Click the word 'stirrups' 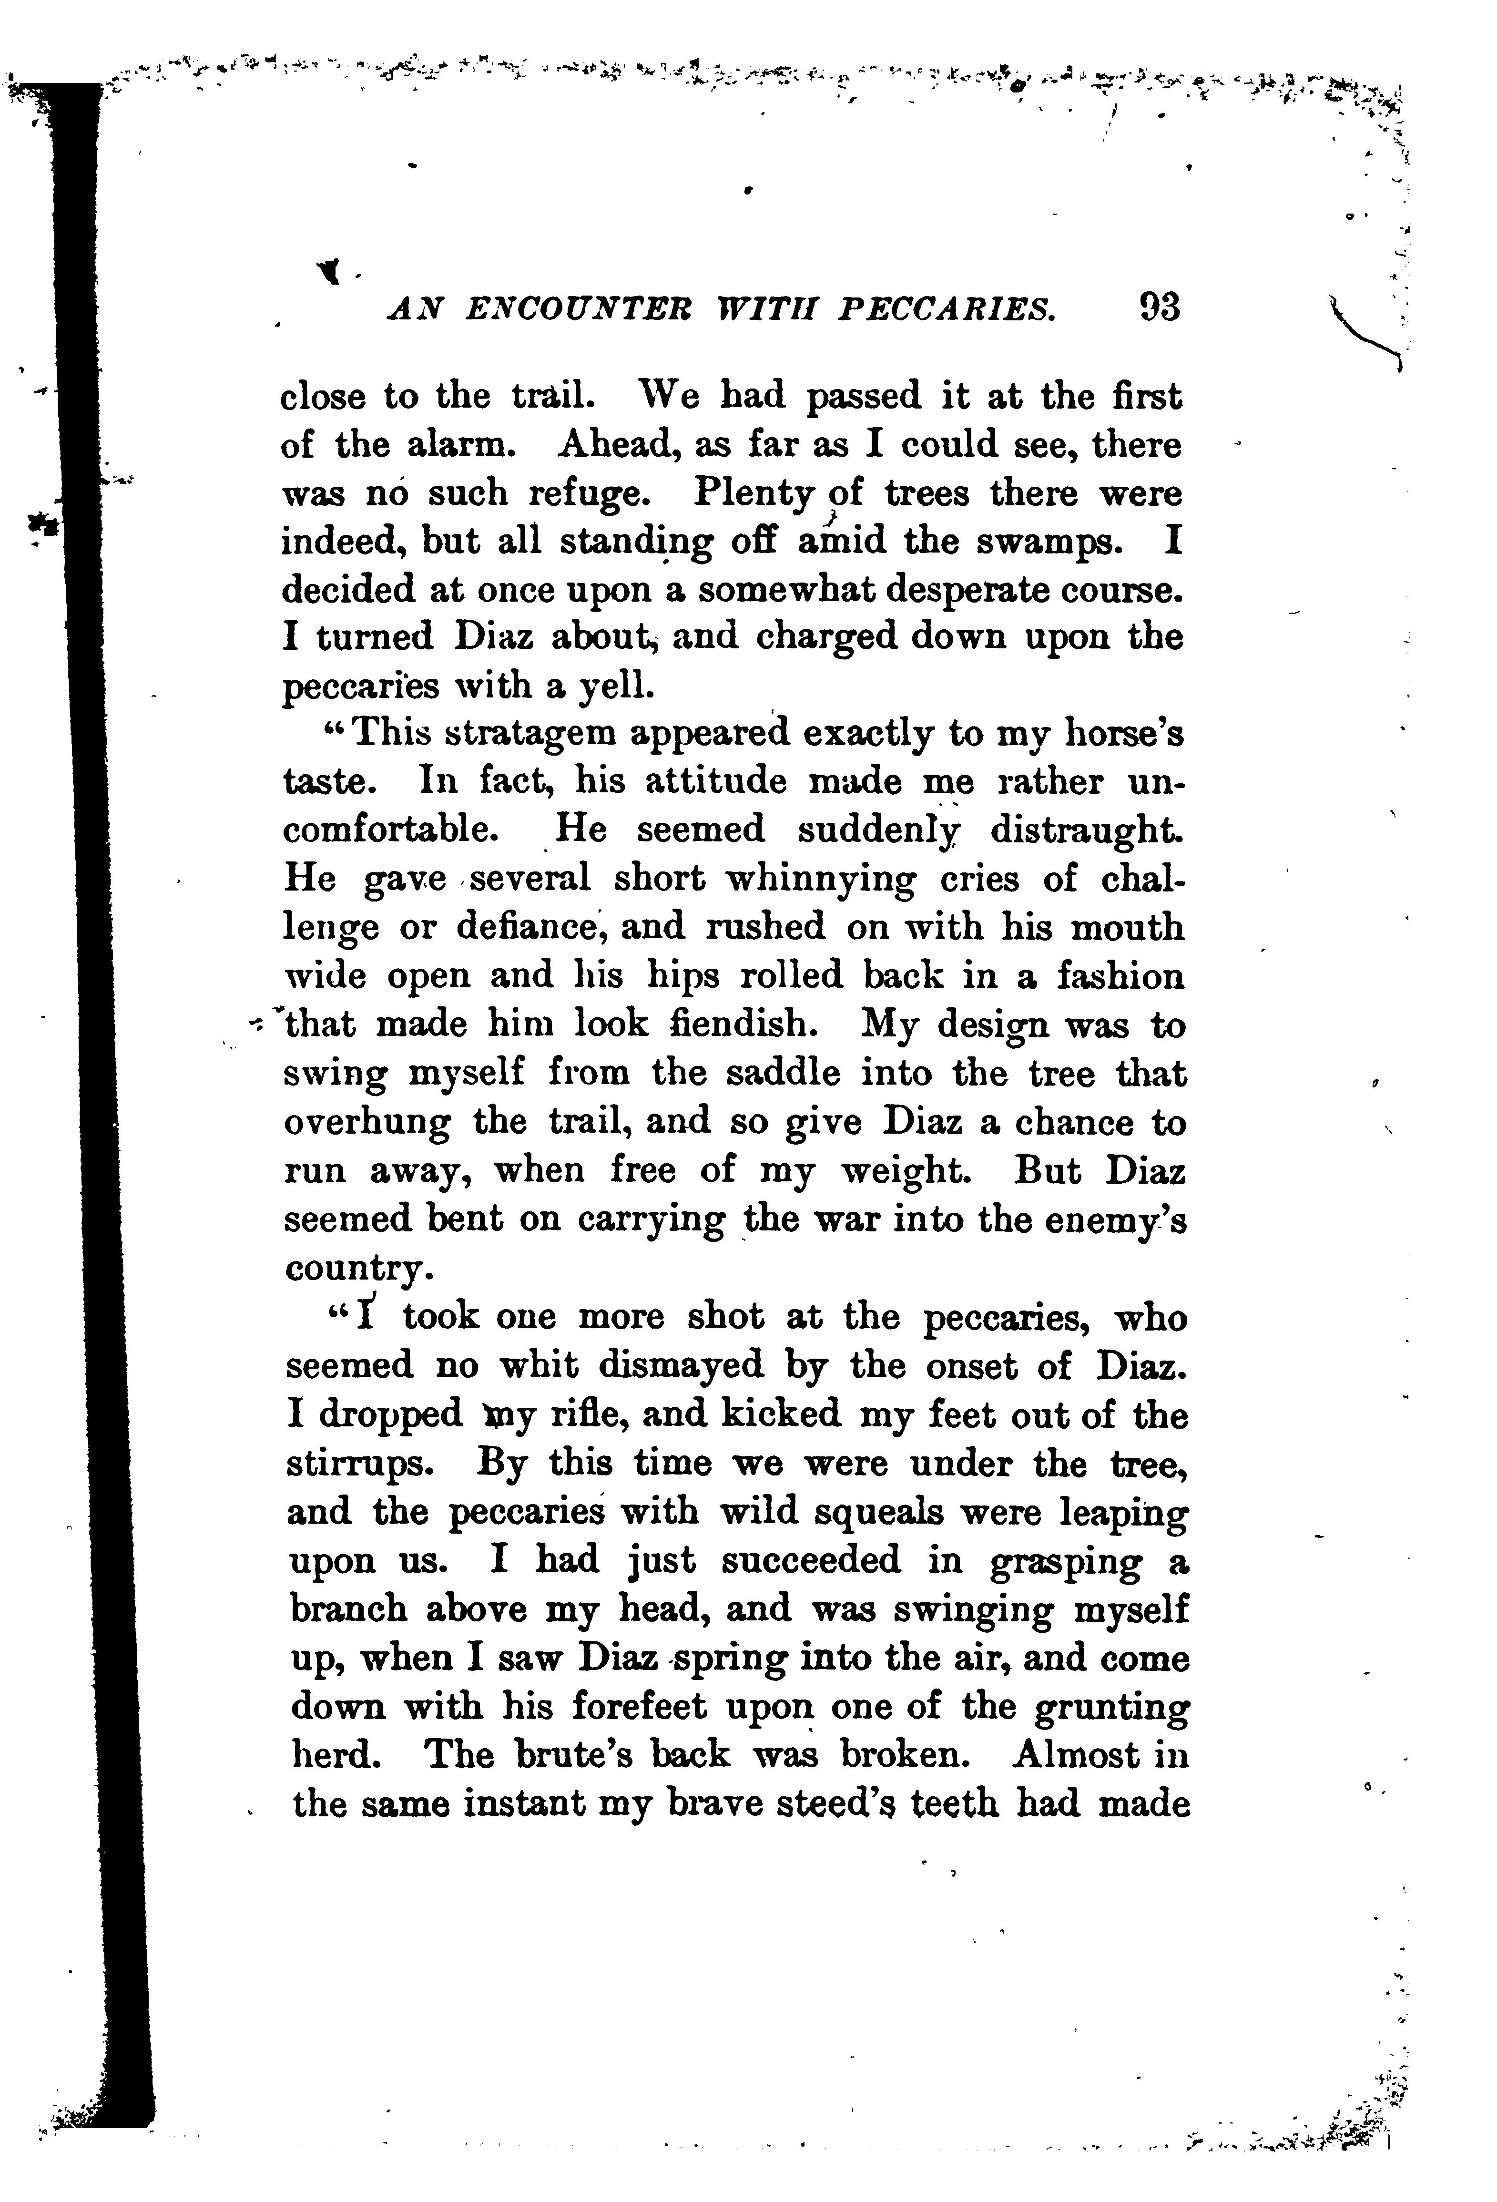tap(360, 1464)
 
